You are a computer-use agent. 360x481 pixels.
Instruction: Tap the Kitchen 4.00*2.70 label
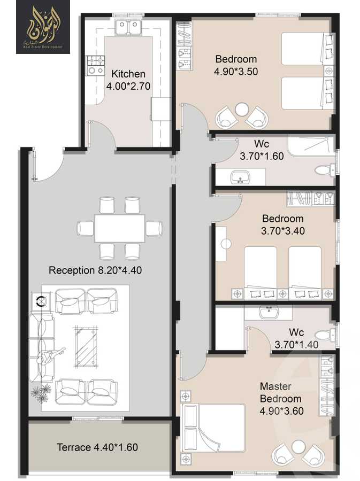point(128,79)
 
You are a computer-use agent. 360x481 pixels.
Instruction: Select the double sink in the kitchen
point(128,27)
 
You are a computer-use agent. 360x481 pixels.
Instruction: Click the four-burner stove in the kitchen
point(96,65)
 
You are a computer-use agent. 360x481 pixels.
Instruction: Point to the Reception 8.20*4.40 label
point(95,270)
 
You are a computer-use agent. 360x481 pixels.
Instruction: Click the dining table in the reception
point(119,228)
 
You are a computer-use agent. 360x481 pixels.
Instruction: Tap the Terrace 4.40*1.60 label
point(97,447)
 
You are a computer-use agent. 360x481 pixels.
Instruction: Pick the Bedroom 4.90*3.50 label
point(236,65)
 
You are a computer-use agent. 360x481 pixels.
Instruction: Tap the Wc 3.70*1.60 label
point(262,151)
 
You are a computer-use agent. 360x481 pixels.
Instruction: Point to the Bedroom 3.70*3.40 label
point(282,224)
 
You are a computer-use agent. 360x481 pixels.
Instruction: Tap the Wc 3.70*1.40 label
point(296,338)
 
